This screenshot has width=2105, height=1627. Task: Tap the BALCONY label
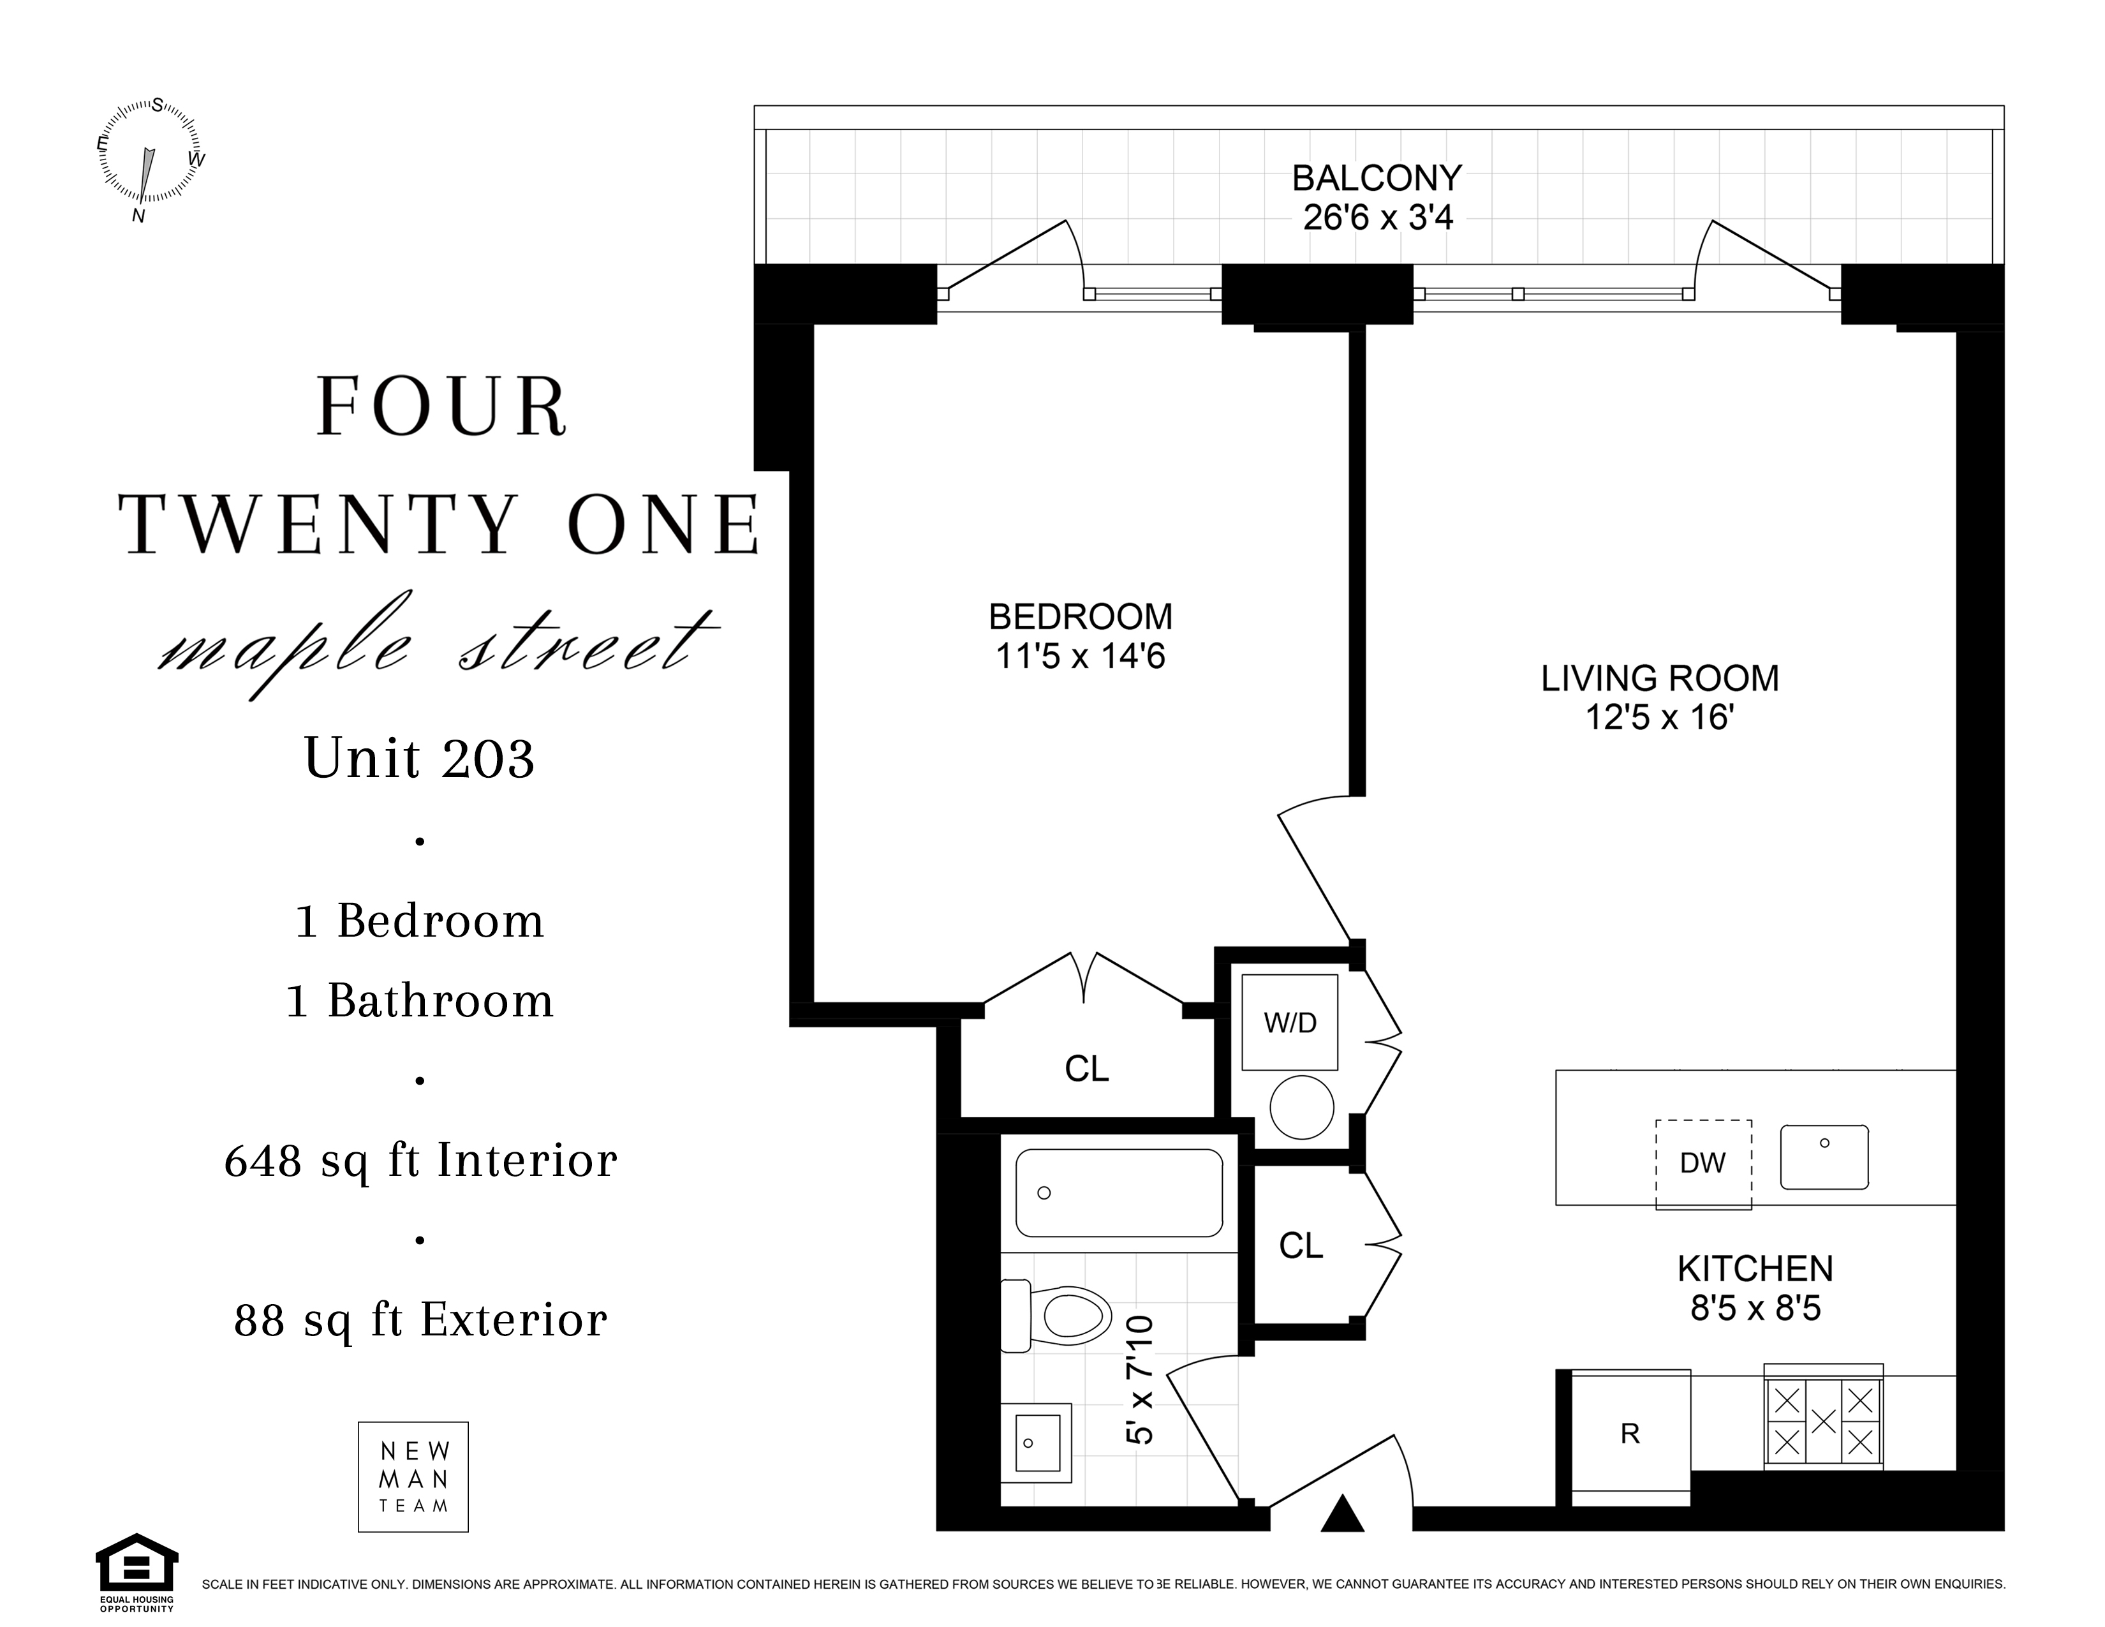click(x=1377, y=178)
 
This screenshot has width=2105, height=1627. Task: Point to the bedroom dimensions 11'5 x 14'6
click(x=1081, y=657)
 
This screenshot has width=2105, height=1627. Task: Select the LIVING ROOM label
click(x=1660, y=679)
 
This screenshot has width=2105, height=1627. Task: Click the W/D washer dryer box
click(x=1290, y=1022)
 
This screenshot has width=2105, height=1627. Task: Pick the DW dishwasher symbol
click(x=1703, y=1163)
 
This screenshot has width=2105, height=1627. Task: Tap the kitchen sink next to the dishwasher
click(x=1824, y=1157)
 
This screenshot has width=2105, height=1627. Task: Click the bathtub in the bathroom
click(x=1119, y=1193)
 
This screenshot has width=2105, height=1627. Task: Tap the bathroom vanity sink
click(x=1036, y=1442)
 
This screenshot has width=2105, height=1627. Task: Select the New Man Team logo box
click(x=413, y=1476)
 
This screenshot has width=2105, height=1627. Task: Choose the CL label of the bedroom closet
click(x=1087, y=1069)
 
